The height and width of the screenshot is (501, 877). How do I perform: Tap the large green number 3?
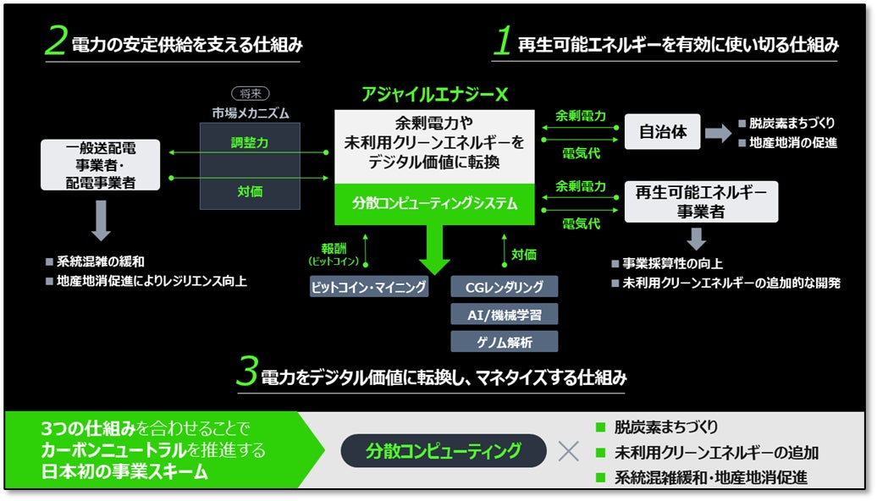tap(245, 373)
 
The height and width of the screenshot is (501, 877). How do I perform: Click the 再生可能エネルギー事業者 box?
tap(701, 201)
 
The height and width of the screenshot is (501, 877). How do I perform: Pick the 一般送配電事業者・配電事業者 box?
tap(101, 164)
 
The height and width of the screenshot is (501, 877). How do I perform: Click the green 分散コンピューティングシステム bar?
tap(435, 204)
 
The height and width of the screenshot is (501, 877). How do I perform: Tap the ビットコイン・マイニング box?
tap(369, 287)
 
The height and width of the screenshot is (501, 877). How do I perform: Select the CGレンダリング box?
tap(505, 287)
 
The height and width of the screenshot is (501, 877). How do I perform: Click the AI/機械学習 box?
tap(505, 314)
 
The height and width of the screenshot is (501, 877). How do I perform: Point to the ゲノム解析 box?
tap(505, 341)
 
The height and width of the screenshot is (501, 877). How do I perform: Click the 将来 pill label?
tap(250, 94)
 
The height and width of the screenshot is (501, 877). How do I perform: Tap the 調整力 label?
tap(250, 144)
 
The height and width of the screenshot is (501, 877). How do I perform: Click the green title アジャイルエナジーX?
tap(435, 95)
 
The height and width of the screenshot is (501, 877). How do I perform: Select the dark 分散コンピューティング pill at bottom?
tap(444, 450)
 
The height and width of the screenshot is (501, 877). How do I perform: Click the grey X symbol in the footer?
tap(569, 450)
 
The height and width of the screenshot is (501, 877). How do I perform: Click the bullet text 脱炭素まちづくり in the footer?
tap(665, 427)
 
